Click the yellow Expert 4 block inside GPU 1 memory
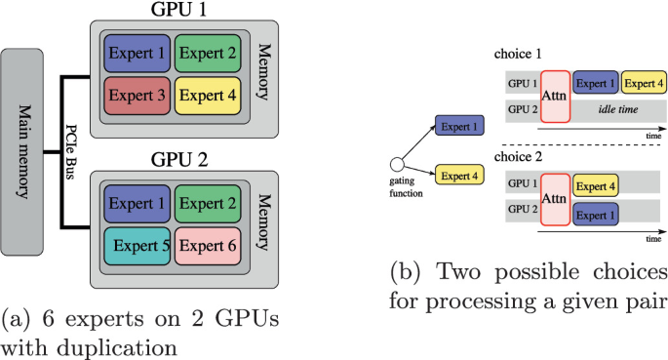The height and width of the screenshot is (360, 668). point(208,95)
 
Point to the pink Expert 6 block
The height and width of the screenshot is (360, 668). point(208,246)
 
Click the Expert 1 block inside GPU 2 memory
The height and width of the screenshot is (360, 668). point(138,204)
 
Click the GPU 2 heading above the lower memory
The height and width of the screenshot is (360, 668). point(181,160)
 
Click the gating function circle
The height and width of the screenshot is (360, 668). point(397,164)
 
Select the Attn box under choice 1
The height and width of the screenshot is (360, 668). point(556,96)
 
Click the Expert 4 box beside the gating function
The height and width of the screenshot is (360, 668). point(460,176)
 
